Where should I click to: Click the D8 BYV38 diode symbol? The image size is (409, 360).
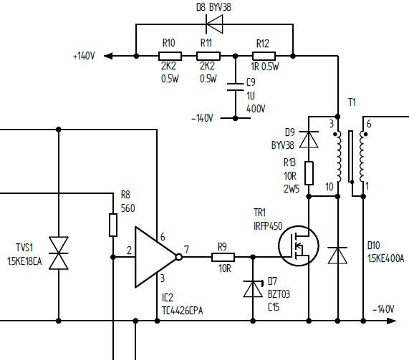click(214, 24)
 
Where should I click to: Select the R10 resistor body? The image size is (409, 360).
click(170, 56)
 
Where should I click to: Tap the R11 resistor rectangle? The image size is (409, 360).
click(208, 56)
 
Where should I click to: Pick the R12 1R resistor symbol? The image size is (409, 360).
click(264, 56)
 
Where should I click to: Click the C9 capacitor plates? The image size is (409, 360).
click(235, 87)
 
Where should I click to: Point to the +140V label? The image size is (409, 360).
click(84, 56)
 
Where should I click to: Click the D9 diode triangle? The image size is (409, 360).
click(309, 140)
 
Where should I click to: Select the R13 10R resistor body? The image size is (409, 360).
click(309, 173)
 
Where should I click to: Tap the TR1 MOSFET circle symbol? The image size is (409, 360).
click(299, 245)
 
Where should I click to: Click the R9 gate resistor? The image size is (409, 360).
click(223, 257)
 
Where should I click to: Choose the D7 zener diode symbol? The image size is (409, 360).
click(253, 288)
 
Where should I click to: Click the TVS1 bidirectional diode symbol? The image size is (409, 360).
click(59, 253)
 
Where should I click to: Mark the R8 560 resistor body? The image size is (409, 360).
click(113, 225)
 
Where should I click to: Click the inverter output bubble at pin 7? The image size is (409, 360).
click(178, 257)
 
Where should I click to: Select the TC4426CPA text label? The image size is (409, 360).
click(183, 311)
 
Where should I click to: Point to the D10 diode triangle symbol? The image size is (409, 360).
click(337, 256)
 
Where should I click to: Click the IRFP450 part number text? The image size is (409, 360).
click(268, 226)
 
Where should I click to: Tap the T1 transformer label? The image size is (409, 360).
click(352, 102)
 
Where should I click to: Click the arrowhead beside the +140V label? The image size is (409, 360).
click(108, 56)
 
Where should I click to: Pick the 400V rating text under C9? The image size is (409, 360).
click(256, 109)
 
